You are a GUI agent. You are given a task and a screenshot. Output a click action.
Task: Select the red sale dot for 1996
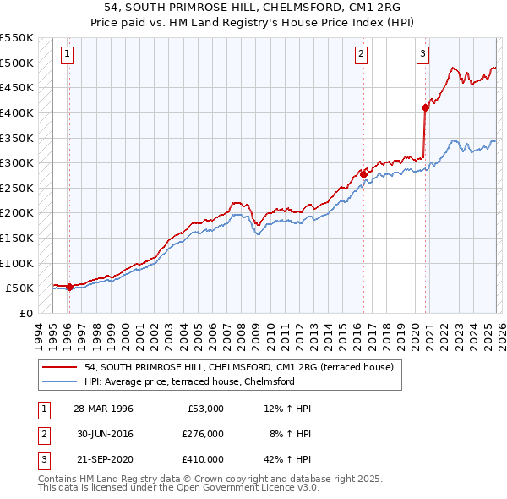pos(69,287)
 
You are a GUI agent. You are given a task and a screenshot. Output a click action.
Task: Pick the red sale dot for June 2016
pos(363,174)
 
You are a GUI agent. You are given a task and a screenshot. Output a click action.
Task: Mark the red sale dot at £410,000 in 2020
pos(425,107)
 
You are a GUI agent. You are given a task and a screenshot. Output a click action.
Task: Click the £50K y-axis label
pos(19,288)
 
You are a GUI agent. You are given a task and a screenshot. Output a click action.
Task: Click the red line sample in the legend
pos(60,368)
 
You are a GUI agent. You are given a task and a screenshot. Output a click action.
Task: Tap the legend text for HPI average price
pos(188,381)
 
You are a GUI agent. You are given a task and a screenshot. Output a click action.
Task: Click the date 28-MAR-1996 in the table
pos(102,409)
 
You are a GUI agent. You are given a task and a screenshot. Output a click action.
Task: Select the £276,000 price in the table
pos(202,433)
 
